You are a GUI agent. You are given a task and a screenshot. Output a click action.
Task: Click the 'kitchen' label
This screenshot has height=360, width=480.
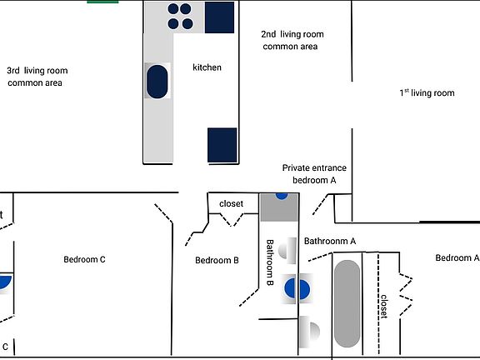207,67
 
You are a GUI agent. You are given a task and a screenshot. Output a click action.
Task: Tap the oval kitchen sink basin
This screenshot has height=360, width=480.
157,82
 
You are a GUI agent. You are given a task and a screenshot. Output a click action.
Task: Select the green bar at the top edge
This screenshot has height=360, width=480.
102,2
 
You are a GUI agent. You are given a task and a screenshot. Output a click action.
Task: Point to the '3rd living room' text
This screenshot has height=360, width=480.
37,71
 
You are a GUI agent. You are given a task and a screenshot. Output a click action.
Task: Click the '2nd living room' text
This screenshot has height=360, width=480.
292,34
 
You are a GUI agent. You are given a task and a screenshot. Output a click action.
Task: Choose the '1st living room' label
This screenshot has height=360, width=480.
427,92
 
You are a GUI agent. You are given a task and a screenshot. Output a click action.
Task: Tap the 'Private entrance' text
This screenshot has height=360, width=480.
314,167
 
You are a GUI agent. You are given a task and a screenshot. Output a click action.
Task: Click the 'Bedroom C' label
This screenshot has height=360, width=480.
84,260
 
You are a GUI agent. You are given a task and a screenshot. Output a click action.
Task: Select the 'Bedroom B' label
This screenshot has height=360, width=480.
217,260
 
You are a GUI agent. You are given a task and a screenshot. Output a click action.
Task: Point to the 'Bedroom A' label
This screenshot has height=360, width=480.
457,257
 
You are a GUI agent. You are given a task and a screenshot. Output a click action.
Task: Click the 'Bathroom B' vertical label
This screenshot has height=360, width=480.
270,262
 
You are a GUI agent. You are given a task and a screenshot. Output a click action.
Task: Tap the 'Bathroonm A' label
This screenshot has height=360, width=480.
330,241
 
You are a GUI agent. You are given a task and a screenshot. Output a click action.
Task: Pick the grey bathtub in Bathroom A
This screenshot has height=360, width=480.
347,303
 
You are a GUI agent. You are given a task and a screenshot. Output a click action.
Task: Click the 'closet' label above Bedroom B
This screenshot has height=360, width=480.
231,203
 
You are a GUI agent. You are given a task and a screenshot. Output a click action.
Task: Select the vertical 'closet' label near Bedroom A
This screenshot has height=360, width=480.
384,307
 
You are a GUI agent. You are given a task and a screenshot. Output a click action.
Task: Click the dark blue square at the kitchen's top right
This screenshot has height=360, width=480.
219,17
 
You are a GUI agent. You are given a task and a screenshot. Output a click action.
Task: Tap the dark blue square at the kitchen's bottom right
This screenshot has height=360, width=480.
222,145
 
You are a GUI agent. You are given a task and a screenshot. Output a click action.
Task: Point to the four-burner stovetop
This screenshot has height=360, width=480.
180,16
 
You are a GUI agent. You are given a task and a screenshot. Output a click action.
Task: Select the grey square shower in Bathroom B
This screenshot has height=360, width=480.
279,207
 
